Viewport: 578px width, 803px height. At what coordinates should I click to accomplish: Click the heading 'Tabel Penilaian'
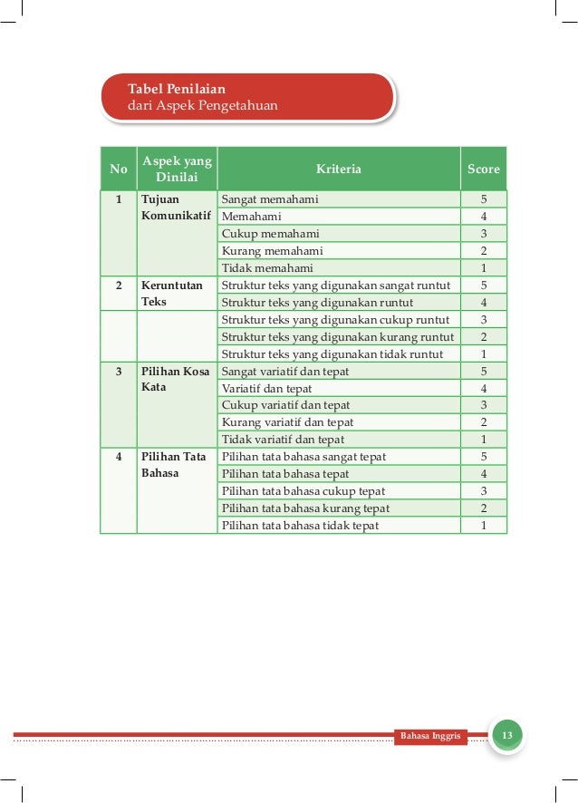click(x=177, y=89)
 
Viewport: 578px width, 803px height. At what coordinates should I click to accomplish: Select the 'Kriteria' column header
click(x=338, y=169)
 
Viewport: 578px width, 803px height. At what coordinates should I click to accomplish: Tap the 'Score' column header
click(x=483, y=169)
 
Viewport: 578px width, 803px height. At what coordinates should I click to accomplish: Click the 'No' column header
click(x=118, y=169)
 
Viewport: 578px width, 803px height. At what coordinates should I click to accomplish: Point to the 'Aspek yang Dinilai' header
click(x=177, y=169)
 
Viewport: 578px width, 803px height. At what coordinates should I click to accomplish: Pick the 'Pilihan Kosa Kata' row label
click(x=176, y=380)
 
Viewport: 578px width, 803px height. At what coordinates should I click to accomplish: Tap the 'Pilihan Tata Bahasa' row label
click(x=174, y=465)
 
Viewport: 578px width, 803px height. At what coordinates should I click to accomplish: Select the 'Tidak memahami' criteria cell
click(x=267, y=268)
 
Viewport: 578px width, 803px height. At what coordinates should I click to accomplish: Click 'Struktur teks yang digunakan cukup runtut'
click(x=335, y=320)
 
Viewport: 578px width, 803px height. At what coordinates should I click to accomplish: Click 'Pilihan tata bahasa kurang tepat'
click(x=305, y=508)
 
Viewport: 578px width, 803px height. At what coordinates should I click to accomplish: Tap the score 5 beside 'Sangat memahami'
click(x=484, y=199)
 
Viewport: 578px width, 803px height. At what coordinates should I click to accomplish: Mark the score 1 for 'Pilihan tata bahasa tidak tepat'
click(x=484, y=526)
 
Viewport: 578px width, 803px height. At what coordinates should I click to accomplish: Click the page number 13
click(x=507, y=734)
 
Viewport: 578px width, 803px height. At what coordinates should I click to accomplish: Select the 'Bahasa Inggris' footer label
click(x=430, y=735)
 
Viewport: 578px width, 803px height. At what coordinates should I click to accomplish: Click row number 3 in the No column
click(x=118, y=372)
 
